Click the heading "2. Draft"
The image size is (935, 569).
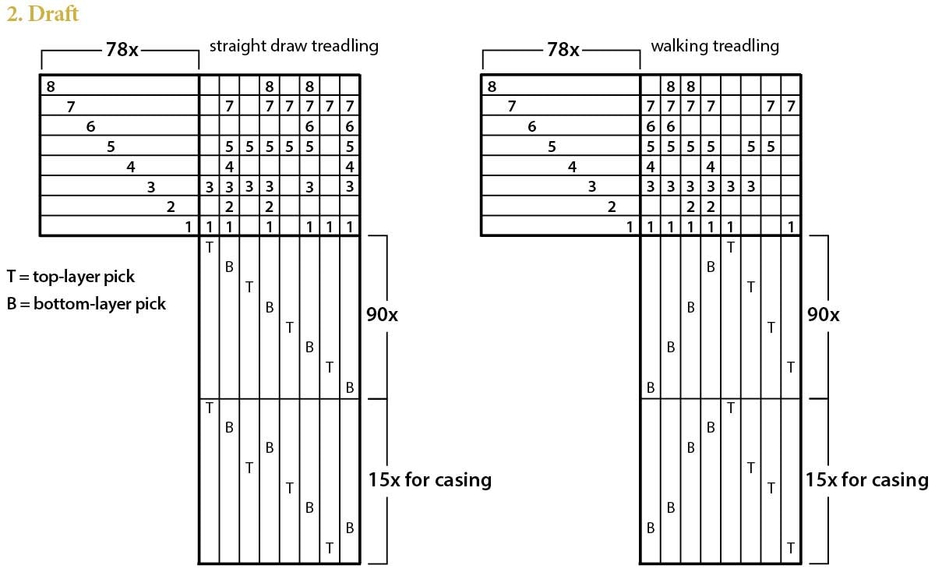pos(42,14)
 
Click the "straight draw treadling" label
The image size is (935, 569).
pos(293,46)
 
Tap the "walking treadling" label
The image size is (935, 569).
pos(714,46)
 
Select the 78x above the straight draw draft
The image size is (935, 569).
pos(122,50)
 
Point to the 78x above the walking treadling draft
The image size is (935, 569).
pos(563,50)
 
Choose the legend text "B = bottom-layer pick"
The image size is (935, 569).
pos(86,304)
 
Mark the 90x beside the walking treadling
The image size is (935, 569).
pos(824,315)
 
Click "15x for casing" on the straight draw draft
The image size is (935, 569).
pos(429,479)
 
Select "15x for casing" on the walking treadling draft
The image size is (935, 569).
pos(866,479)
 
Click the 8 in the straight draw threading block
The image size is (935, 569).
pos(51,87)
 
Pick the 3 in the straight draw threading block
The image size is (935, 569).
pos(151,186)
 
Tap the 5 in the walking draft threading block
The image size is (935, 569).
pos(552,146)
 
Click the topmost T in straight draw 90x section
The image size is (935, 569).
pos(209,247)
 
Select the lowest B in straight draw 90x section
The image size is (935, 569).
pos(350,387)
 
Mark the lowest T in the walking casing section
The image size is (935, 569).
pos(791,548)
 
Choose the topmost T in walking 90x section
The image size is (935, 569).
pos(730,247)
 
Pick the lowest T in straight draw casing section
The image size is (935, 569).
pos(330,548)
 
